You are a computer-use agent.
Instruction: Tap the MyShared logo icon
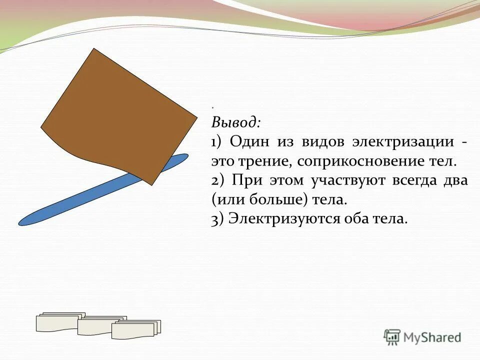[x=392, y=337]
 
